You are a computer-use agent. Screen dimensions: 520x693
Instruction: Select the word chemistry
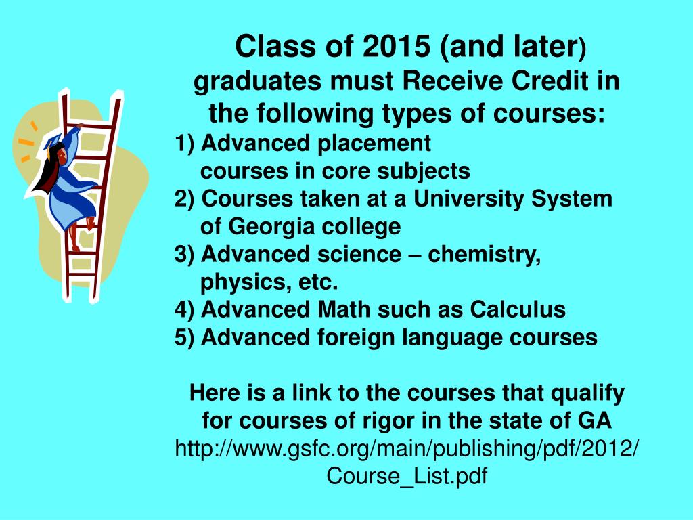(x=484, y=255)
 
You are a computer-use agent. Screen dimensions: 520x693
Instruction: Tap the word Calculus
(x=518, y=309)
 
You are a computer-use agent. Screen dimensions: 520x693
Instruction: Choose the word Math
(x=342, y=309)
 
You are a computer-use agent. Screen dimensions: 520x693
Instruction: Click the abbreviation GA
(x=595, y=421)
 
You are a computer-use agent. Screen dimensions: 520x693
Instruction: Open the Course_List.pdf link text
(x=407, y=476)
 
